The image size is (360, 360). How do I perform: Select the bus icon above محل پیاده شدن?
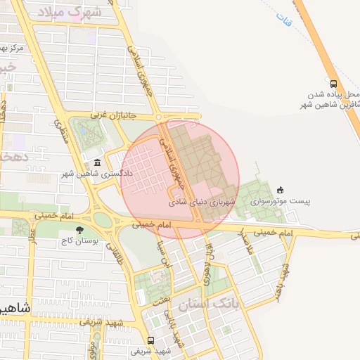tap(334, 81)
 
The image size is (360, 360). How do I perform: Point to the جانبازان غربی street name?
tap(111, 114)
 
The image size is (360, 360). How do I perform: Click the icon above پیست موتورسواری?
tap(281, 189)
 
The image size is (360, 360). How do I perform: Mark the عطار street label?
tap(32, 246)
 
